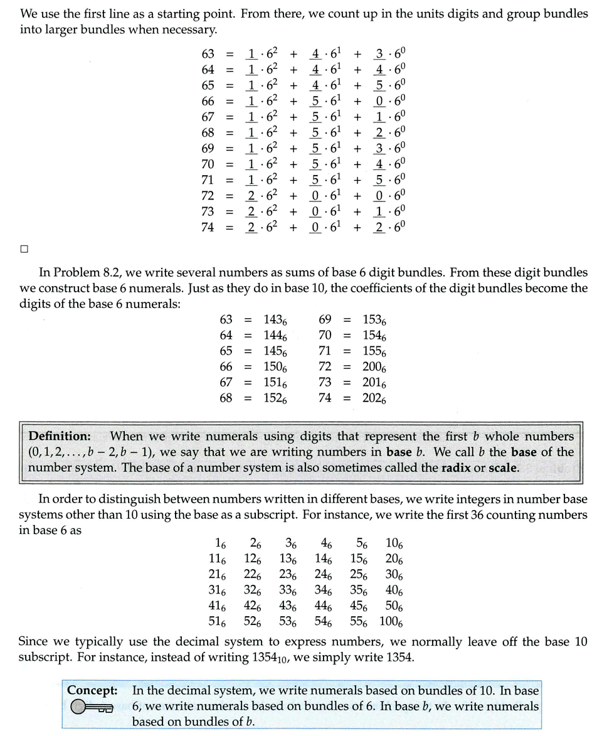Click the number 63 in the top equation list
[x=208, y=54]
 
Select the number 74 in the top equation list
[x=208, y=227]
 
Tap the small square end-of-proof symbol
[x=24, y=249]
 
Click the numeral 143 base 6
[x=275, y=321]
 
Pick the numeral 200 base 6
[x=374, y=367]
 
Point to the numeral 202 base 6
[x=374, y=398]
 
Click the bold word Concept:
[x=92, y=691]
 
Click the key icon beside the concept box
[x=92, y=708]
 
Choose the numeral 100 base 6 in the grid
[x=391, y=622]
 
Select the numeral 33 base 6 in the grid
[x=288, y=591]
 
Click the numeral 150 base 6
[x=275, y=367]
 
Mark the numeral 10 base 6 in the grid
[x=394, y=544]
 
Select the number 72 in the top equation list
[x=208, y=195]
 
